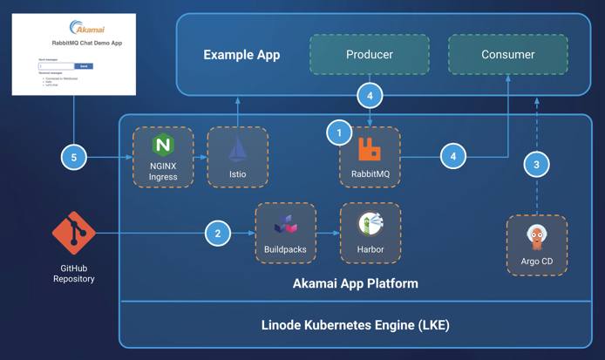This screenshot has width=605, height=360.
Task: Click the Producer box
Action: coord(369,54)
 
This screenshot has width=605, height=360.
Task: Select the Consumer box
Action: coord(508,54)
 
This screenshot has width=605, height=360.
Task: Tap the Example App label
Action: coord(241,55)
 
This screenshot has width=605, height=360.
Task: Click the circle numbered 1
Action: coord(338,133)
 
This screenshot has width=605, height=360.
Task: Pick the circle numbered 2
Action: coord(217,233)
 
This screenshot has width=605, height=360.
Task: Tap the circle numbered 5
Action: coord(74,157)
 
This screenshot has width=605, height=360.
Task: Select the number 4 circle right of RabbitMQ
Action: coord(452,157)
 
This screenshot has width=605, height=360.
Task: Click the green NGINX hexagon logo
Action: coord(163,146)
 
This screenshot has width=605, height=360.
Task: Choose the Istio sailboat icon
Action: coord(238,149)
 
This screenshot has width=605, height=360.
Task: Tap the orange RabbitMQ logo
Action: coord(370,151)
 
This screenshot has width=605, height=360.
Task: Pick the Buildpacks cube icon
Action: coord(286,225)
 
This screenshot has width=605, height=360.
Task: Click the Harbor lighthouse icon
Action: coord(371,223)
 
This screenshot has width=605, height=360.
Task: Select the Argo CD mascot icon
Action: coord(536,237)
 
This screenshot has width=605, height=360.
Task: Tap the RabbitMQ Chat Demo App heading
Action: coord(74,43)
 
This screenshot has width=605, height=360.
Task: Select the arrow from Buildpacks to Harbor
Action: coord(330,233)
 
